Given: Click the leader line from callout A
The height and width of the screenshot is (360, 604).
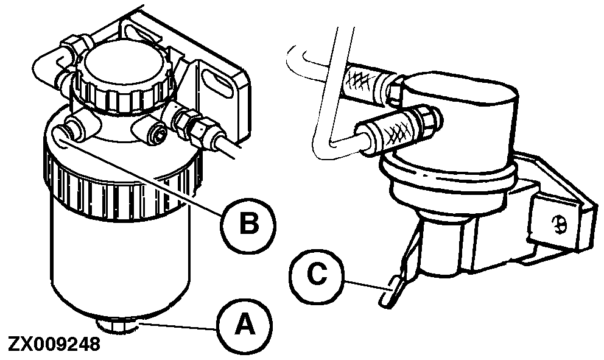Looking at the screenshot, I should [x=177, y=327].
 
